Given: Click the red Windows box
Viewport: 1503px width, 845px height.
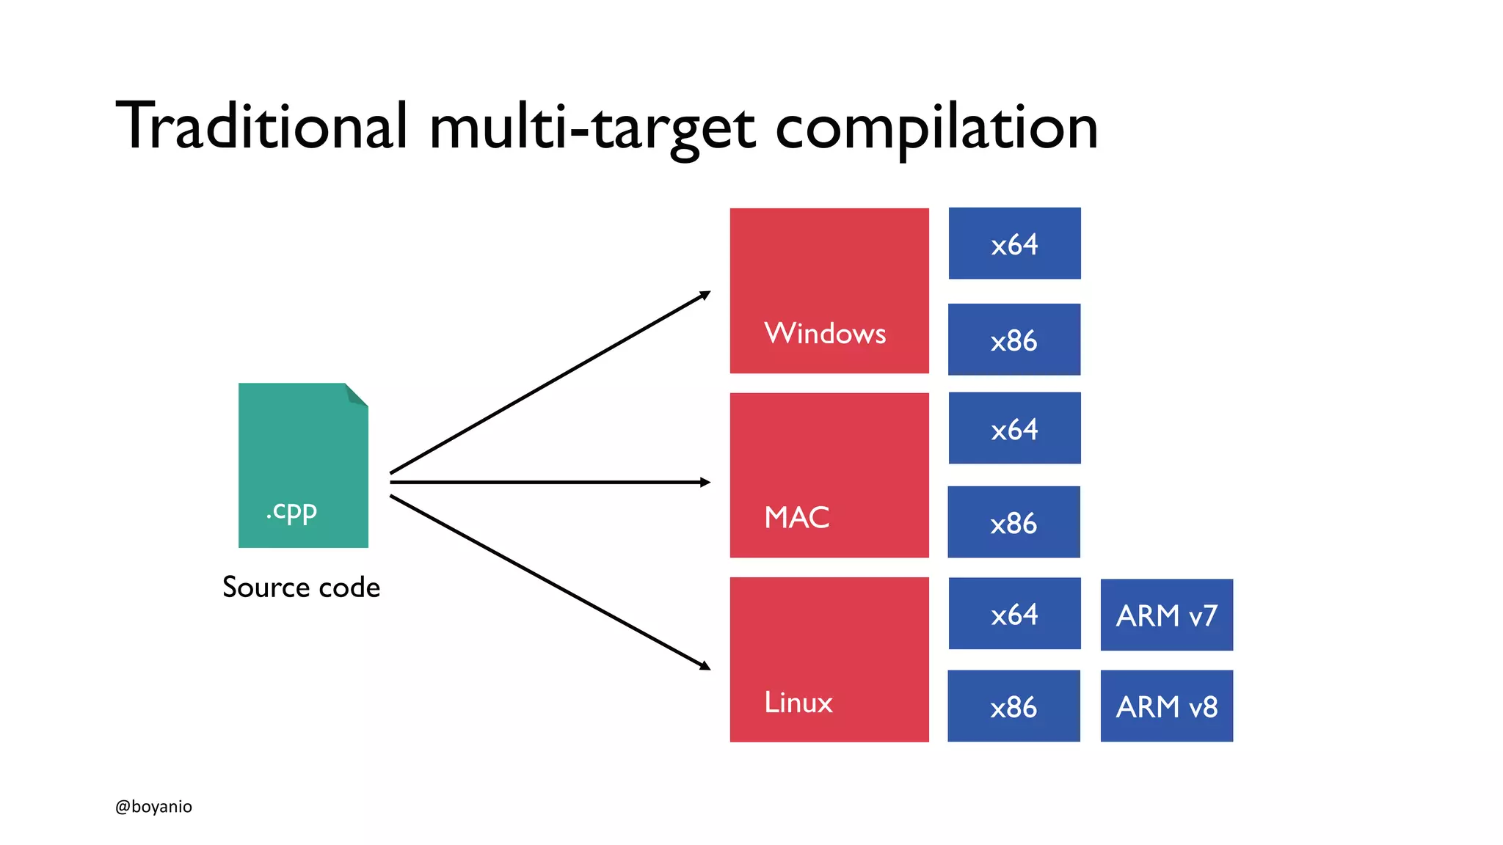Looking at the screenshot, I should point(829,290).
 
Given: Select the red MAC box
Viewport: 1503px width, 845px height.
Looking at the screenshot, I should point(829,475).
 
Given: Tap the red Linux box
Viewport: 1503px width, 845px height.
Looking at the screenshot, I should point(829,659).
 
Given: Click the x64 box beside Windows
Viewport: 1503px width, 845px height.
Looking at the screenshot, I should point(1014,244).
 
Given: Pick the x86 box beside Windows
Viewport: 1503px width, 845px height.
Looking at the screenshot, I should point(1013,340).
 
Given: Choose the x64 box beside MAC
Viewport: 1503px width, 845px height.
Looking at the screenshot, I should point(1014,428).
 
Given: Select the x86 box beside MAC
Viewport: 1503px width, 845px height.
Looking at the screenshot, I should point(1013,522).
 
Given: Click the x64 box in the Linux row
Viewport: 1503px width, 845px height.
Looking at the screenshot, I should point(1014,613).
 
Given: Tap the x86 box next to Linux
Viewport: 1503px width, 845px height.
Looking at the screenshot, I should point(1013,706).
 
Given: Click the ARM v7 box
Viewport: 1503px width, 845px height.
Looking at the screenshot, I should point(1166,615).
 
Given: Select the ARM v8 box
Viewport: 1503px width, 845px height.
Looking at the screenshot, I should point(1166,706).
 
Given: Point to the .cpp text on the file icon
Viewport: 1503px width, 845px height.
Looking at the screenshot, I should point(292,511).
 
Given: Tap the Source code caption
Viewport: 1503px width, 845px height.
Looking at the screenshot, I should point(301,588).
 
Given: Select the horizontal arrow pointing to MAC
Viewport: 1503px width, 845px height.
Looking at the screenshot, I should point(550,482).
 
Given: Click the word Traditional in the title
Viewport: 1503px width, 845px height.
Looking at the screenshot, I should point(261,126).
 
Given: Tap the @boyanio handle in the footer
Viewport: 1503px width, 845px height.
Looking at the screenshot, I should point(153,807).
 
